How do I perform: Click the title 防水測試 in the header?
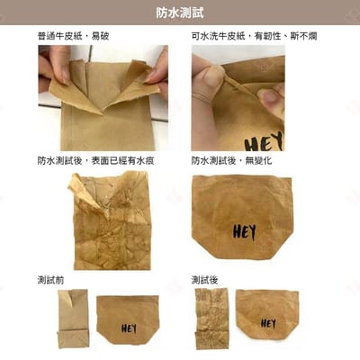pos(180,12)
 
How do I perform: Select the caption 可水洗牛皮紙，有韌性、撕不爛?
pos(254,36)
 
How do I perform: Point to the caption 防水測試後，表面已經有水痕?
pos(97,161)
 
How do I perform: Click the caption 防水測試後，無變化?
pos(231,161)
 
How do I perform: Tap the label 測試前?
pos(51,280)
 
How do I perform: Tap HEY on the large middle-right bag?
pos(244,231)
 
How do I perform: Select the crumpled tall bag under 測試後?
pos(212,319)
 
